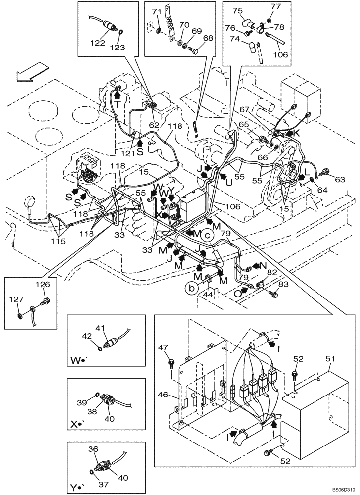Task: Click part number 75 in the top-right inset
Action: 237,11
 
